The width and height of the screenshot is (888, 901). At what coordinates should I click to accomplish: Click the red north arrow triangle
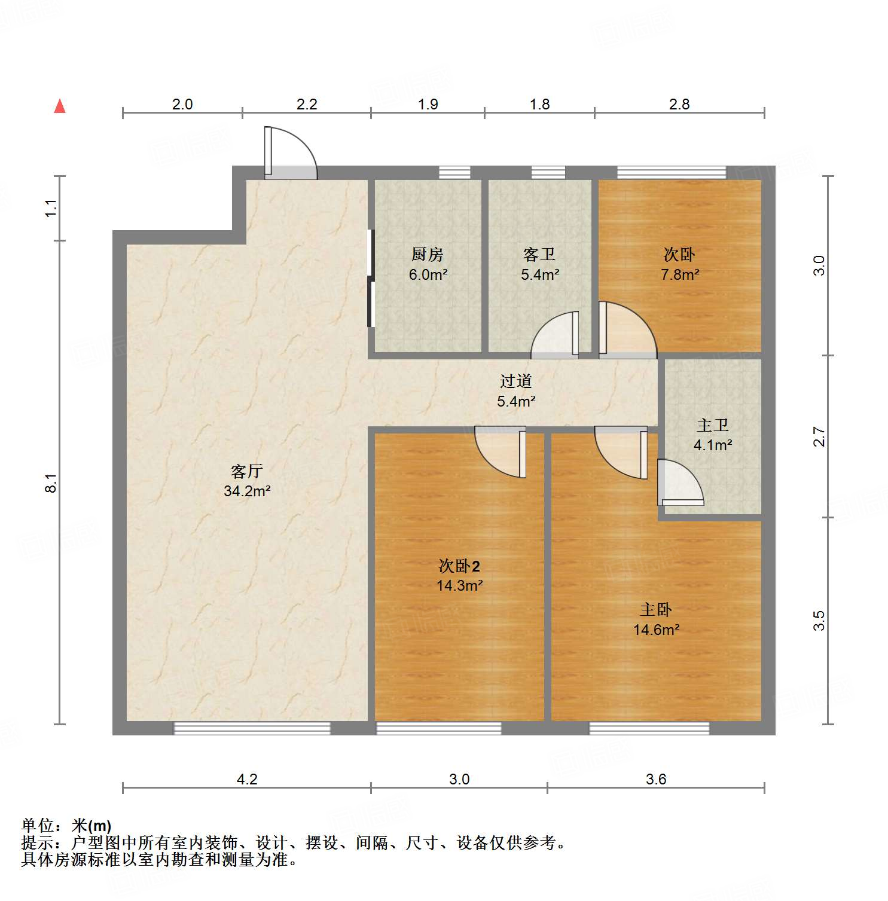[x=60, y=106]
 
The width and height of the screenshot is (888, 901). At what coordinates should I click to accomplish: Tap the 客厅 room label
[x=247, y=472]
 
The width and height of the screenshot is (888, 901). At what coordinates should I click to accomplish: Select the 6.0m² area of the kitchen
[x=428, y=275]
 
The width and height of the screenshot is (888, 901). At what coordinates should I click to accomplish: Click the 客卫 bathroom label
[x=539, y=255]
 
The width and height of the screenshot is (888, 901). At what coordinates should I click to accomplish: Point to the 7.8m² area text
[x=680, y=275]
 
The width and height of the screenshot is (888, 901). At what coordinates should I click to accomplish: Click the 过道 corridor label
[x=516, y=381]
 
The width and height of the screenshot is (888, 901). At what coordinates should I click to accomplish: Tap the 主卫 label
[x=713, y=425]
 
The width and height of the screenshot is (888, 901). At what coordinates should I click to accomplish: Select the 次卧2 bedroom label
[x=459, y=566]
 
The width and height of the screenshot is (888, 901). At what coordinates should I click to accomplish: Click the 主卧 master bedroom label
[x=656, y=610]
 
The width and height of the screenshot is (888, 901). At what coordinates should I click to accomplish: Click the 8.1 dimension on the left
[x=51, y=482]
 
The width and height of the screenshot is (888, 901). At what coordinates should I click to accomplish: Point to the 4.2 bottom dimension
[x=247, y=779]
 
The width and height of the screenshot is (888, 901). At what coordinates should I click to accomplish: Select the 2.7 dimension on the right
[x=819, y=436]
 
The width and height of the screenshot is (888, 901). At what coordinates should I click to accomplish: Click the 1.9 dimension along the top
[x=428, y=105]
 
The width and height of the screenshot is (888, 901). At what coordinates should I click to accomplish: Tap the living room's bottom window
[x=252, y=728]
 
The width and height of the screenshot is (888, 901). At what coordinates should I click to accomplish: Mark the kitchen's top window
[x=454, y=172]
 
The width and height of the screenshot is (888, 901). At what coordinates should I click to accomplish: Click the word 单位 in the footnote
[x=38, y=826]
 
